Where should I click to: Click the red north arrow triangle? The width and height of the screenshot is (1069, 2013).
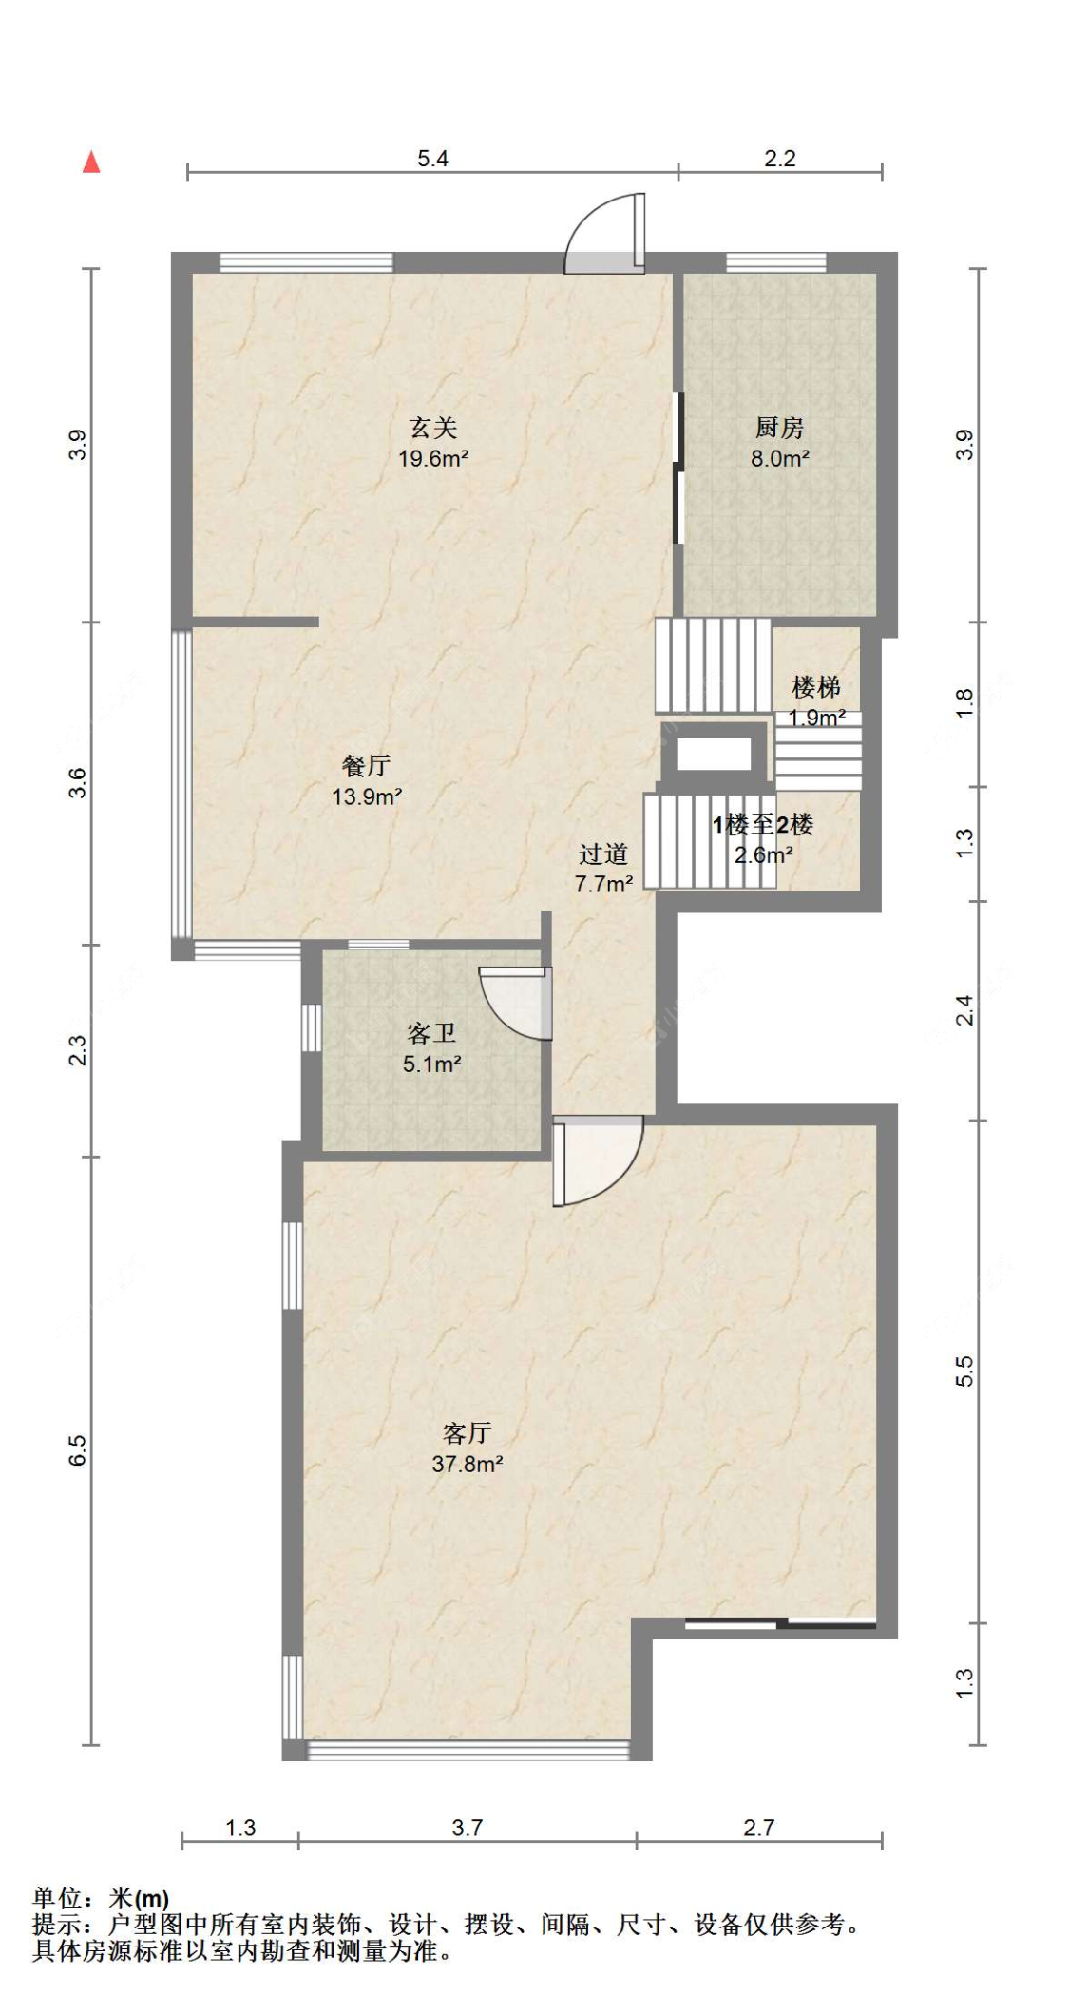pyautogui.click(x=91, y=162)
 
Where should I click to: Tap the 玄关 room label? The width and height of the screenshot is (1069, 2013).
pyautogui.click(x=433, y=428)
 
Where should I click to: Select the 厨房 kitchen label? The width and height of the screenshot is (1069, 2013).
pyautogui.click(x=780, y=428)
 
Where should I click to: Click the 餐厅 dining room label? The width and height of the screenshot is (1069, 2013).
pyautogui.click(x=367, y=765)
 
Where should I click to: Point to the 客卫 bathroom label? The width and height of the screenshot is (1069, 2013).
pyautogui.click(x=432, y=1033)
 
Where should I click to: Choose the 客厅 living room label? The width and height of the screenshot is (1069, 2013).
pyautogui.click(x=468, y=1432)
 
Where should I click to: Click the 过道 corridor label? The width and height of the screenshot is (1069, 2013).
pyautogui.click(x=603, y=853)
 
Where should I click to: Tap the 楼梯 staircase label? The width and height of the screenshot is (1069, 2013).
pyautogui.click(x=816, y=686)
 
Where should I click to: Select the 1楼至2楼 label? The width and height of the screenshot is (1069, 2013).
pyautogui.click(x=763, y=824)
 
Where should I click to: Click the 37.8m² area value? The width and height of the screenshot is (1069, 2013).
pyautogui.click(x=468, y=1464)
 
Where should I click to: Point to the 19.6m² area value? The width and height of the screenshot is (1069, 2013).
pyautogui.click(x=433, y=459)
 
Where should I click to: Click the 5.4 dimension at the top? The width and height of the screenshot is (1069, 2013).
pyautogui.click(x=432, y=159)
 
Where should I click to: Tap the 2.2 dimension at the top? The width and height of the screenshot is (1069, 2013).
pyautogui.click(x=780, y=159)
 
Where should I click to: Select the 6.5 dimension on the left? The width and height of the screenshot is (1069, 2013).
pyautogui.click(x=78, y=1450)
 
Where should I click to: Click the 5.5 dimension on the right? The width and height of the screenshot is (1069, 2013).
pyautogui.click(x=964, y=1371)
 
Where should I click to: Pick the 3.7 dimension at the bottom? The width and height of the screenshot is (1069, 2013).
pyautogui.click(x=468, y=1828)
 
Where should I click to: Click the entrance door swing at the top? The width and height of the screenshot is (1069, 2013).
pyautogui.click(x=605, y=234)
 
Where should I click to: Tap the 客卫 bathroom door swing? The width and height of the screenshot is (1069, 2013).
pyautogui.click(x=516, y=1003)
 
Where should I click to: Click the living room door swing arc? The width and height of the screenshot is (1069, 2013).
pyautogui.click(x=599, y=1161)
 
